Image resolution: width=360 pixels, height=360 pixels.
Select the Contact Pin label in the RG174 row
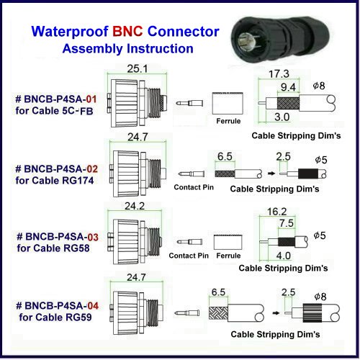pyautogui.click(x=192, y=186)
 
